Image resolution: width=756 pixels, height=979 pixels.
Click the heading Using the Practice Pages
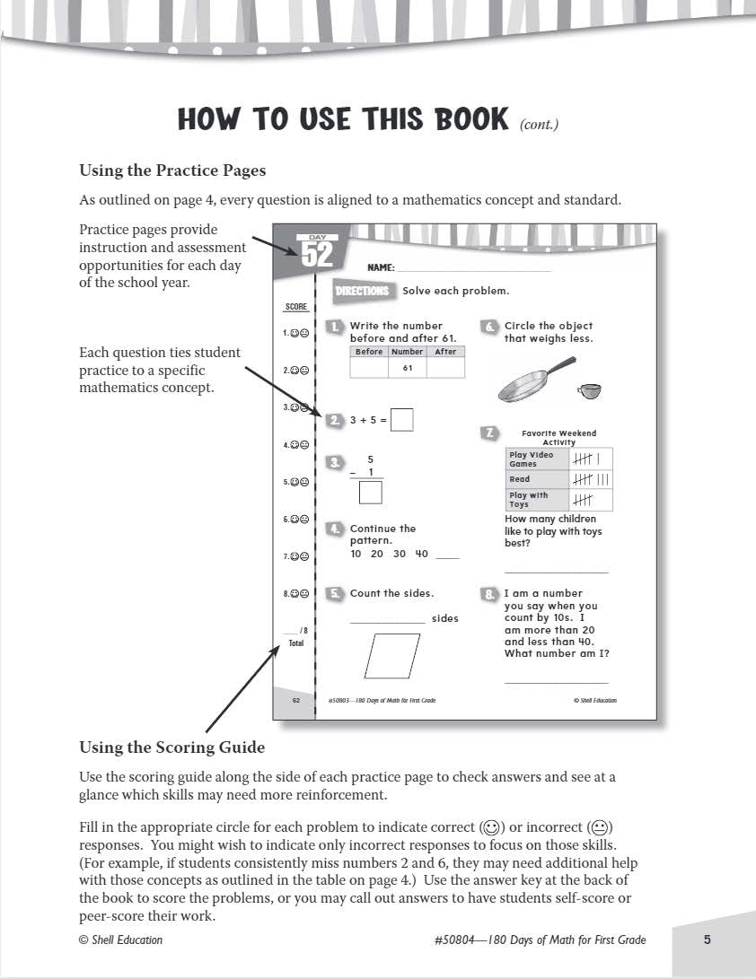[172, 170]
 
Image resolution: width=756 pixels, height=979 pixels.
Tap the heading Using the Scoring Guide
[171, 747]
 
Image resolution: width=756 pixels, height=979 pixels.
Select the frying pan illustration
[535, 381]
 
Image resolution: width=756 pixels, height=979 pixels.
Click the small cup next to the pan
[589, 390]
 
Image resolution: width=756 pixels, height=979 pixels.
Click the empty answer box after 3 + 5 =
[402, 419]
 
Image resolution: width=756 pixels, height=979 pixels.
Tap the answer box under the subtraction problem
[370, 493]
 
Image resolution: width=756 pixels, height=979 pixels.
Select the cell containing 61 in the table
[407, 368]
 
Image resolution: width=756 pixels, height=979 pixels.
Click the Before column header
[369, 352]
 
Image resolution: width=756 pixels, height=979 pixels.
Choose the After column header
[445, 352]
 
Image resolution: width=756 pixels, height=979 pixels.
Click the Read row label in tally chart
[520, 479]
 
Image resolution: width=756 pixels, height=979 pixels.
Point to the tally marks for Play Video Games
[592, 459]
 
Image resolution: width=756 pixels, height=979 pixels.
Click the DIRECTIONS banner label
[363, 291]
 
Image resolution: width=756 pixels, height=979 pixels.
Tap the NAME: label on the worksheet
[381, 267]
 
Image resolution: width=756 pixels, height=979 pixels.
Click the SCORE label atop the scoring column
[296, 307]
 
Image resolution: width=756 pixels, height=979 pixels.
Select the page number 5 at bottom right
[707, 940]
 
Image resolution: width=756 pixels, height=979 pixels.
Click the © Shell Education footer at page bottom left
[120, 940]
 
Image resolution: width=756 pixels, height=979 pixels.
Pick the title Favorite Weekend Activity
[558, 438]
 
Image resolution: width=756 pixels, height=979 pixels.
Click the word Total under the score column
[296, 643]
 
